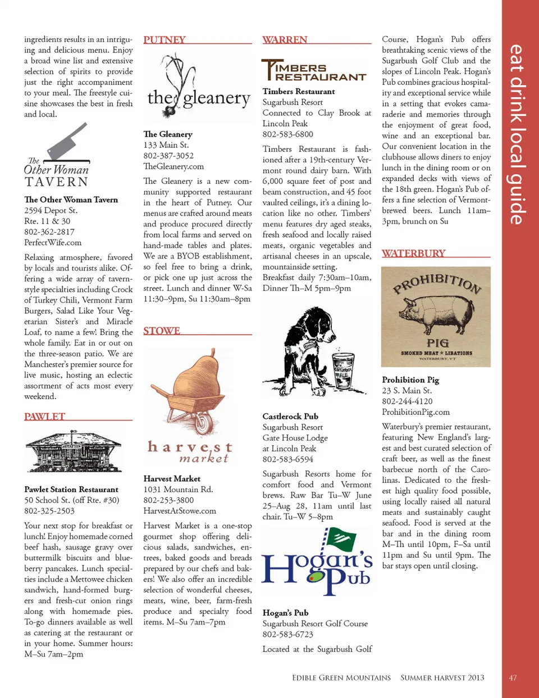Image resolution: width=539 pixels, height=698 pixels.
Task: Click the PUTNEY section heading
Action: tap(165, 40)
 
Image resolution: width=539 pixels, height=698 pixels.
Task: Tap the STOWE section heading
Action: tap(162, 331)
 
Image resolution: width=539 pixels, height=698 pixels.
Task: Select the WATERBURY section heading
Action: tap(414, 253)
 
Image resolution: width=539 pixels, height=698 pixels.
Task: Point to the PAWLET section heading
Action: tap(45, 417)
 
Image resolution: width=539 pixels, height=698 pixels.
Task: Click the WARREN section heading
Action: tap(285, 40)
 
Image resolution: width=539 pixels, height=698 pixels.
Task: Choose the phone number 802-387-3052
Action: tap(168, 156)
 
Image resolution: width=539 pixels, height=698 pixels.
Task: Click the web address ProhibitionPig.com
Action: tap(416, 412)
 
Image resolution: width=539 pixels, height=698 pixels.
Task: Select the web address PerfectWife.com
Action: tap(53, 243)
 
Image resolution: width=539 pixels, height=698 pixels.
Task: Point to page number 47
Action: tap(513, 678)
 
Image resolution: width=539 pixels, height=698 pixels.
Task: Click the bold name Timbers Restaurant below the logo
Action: tap(299, 91)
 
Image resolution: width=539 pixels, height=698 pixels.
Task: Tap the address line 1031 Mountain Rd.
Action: tap(178, 489)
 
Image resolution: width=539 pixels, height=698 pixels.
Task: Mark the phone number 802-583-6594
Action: tap(288, 459)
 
